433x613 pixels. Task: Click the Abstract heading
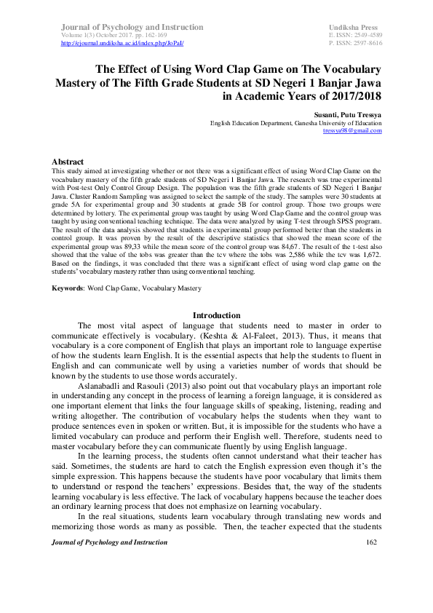tap(68, 161)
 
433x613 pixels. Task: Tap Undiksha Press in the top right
tap(354, 27)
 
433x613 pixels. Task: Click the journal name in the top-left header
tap(128, 27)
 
